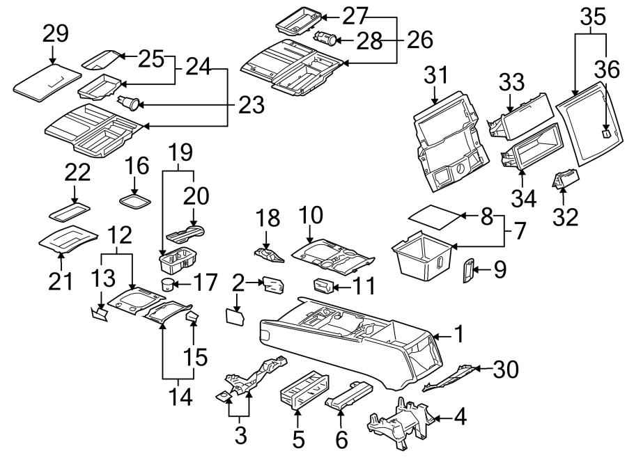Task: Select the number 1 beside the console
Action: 458,335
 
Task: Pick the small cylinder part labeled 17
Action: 167,283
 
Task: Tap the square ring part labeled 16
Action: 137,200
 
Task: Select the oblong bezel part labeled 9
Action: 467,271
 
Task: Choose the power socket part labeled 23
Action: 128,104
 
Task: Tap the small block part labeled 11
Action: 322,285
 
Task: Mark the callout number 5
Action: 298,439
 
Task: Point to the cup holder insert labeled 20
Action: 185,231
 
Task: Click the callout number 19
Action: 178,152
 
